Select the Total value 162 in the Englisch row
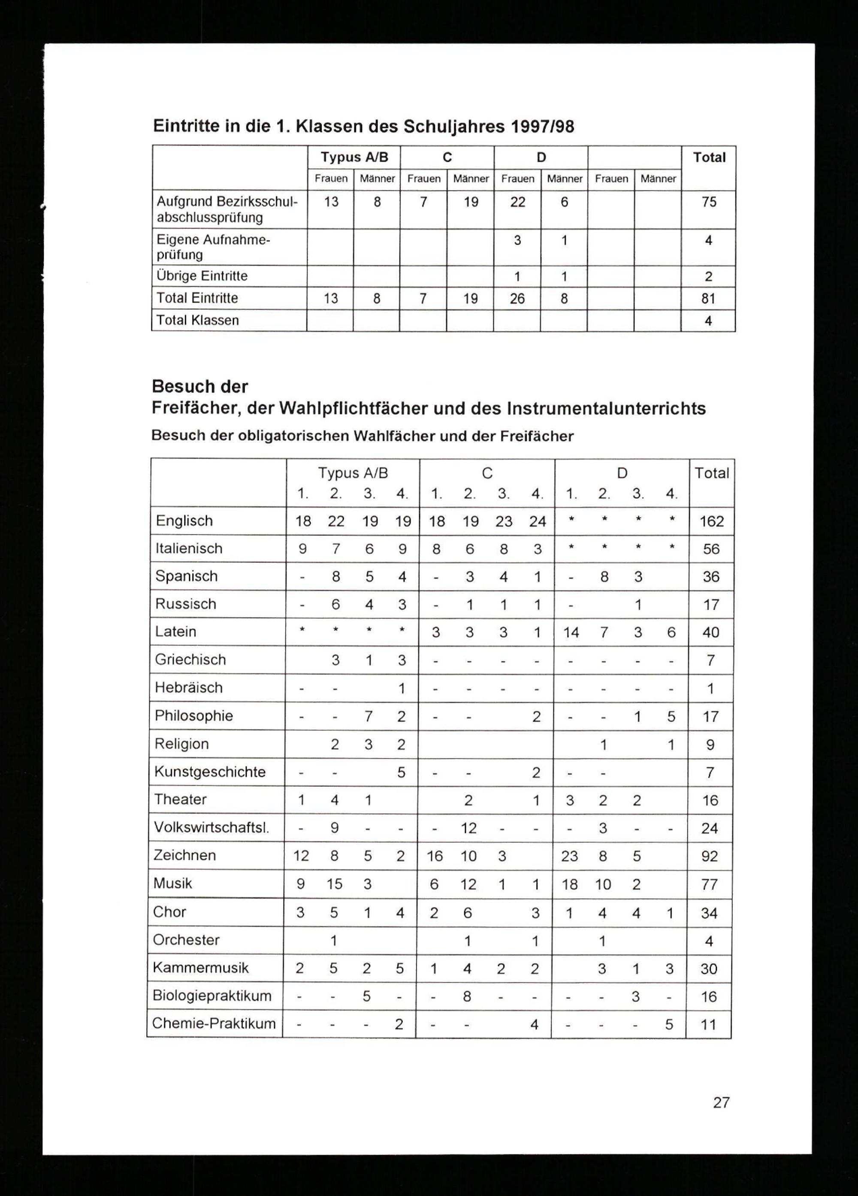(711, 521)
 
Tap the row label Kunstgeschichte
(210, 772)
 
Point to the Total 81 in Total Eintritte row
(708, 299)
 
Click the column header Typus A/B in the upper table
(354, 157)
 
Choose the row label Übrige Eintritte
(202, 276)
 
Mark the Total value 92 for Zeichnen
(710, 856)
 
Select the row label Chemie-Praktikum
(214, 1023)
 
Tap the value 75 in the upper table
(709, 202)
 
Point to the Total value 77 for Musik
(710, 884)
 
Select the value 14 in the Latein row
(571, 632)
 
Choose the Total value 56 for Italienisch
(711, 549)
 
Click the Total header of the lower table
(711, 473)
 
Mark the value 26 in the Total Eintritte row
(517, 299)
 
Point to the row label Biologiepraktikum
(212, 996)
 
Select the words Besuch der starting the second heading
(200, 387)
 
